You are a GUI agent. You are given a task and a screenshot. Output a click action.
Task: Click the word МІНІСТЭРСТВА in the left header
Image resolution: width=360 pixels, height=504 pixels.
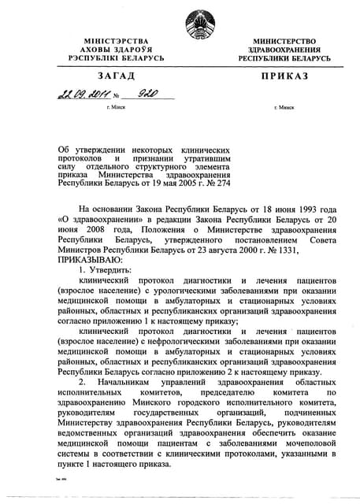coord(113,39)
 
